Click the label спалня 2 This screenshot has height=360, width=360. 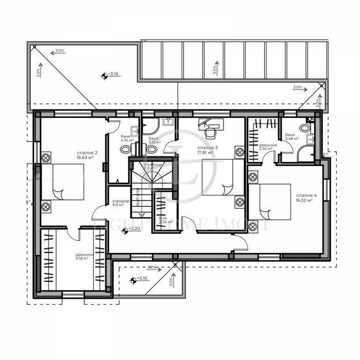tap(86, 153)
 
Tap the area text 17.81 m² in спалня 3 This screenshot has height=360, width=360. tap(207, 152)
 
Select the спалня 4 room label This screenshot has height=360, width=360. tap(307, 195)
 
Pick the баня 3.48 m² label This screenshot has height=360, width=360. tap(292, 137)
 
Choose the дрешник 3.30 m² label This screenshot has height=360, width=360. tap(268, 148)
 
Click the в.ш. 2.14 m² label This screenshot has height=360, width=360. tap(166, 220)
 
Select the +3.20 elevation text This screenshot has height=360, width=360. tap(134, 229)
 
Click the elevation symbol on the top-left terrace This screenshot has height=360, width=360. tap(104, 76)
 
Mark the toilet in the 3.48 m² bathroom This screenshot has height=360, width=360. tap(304, 128)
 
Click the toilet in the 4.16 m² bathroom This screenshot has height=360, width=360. tap(125, 150)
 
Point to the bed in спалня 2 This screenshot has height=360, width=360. tap(63, 182)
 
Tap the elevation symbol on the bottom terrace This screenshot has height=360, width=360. tap(133, 280)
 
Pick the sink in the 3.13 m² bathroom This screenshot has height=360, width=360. tap(167, 122)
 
